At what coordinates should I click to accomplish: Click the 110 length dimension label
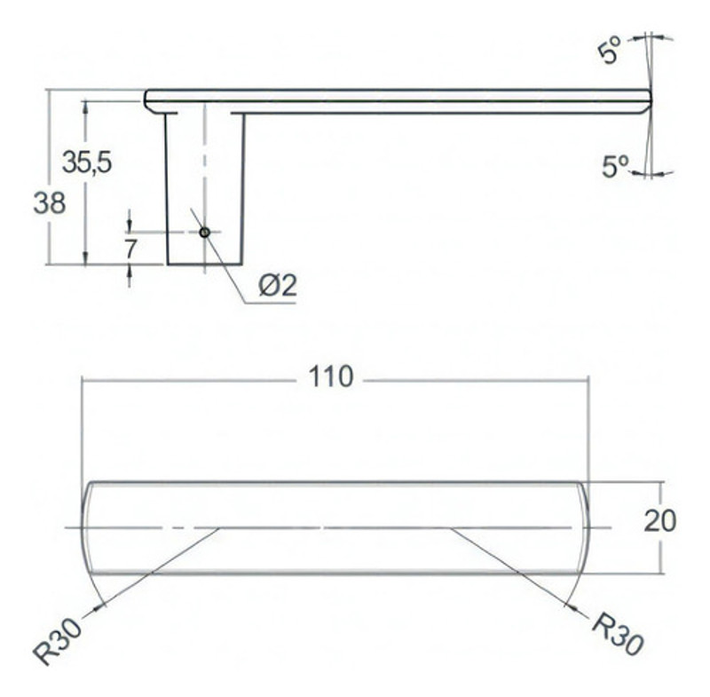[332, 377]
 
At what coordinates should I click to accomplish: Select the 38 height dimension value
[50, 203]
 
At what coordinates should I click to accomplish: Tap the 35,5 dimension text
[86, 162]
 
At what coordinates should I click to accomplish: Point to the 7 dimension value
[130, 248]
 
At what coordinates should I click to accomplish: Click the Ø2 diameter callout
[277, 286]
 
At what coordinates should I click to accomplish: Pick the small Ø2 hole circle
[204, 232]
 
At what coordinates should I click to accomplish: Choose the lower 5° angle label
[614, 166]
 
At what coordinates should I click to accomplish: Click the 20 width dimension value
[659, 521]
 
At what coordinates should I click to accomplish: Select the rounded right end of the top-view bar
[585, 527]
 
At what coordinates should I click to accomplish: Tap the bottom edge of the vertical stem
[204, 264]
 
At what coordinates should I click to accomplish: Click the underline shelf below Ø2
[270, 303]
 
